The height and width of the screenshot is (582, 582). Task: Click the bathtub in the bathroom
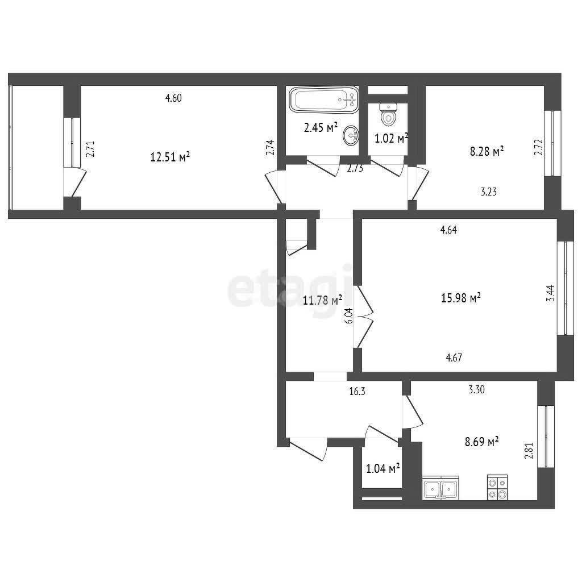pos(324,99)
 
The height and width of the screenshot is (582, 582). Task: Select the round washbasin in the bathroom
pos(351,135)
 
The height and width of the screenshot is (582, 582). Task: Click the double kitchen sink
pos(440,488)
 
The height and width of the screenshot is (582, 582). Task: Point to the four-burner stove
pos(497,488)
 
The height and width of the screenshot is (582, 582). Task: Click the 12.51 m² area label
pos(171,157)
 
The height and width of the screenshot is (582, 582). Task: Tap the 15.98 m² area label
pos(461,297)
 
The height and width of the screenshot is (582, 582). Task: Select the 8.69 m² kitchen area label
pos(482,441)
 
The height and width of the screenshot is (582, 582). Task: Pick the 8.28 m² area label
pos(487,151)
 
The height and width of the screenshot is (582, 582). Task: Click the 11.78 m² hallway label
pos(322,300)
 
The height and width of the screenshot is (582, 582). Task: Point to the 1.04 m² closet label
pos(383,468)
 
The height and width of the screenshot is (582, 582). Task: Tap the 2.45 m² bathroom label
pos(321,127)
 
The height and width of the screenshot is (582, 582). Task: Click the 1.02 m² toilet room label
pos(391,139)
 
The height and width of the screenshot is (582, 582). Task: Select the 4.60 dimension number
pos(173,98)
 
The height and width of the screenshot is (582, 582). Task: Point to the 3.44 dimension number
pos(551,293)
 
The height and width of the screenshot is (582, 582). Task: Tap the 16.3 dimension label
pos(357,391)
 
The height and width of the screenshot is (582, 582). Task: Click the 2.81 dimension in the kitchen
pos(529,451)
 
